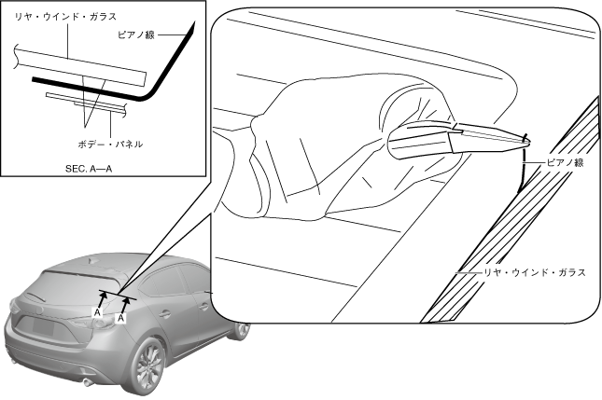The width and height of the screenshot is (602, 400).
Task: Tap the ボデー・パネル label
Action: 110,145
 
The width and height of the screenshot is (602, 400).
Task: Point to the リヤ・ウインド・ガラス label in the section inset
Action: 52,15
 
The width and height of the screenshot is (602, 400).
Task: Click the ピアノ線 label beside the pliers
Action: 565,162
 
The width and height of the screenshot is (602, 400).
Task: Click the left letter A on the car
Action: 97,314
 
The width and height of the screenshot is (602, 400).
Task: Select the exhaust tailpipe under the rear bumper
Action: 87,381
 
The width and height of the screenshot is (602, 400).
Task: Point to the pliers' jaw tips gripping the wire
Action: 521,141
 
